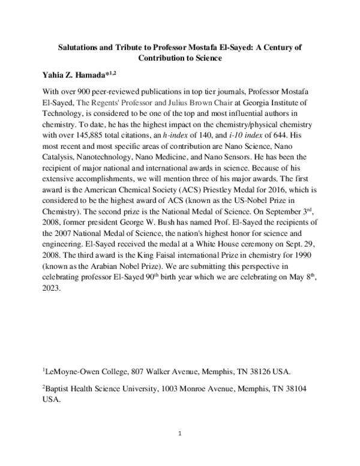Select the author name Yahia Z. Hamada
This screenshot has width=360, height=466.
[82, 75]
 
